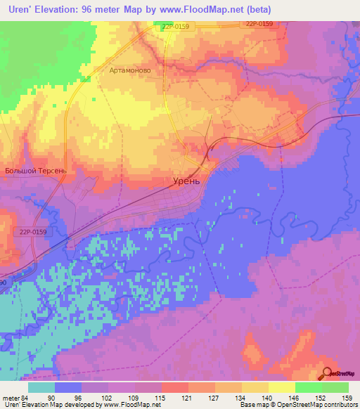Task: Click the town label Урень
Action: click(x=187, y=180)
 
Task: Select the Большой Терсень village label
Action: click(x=35, y=170)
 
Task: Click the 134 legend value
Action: click(x=241, y=397)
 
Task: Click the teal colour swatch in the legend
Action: click(x=41, y=387)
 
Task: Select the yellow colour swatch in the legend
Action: click(x=281, y=387)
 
